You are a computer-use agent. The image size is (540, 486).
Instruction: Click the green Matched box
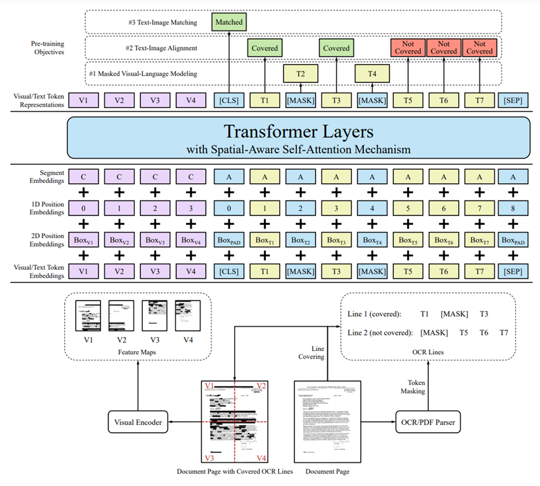228,22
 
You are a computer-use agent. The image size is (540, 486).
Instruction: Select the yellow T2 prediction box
300,74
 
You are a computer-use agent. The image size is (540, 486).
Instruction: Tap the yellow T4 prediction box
373,74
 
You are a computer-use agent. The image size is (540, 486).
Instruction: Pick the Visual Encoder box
138,423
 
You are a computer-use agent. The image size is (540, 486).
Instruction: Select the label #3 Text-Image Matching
161,22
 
